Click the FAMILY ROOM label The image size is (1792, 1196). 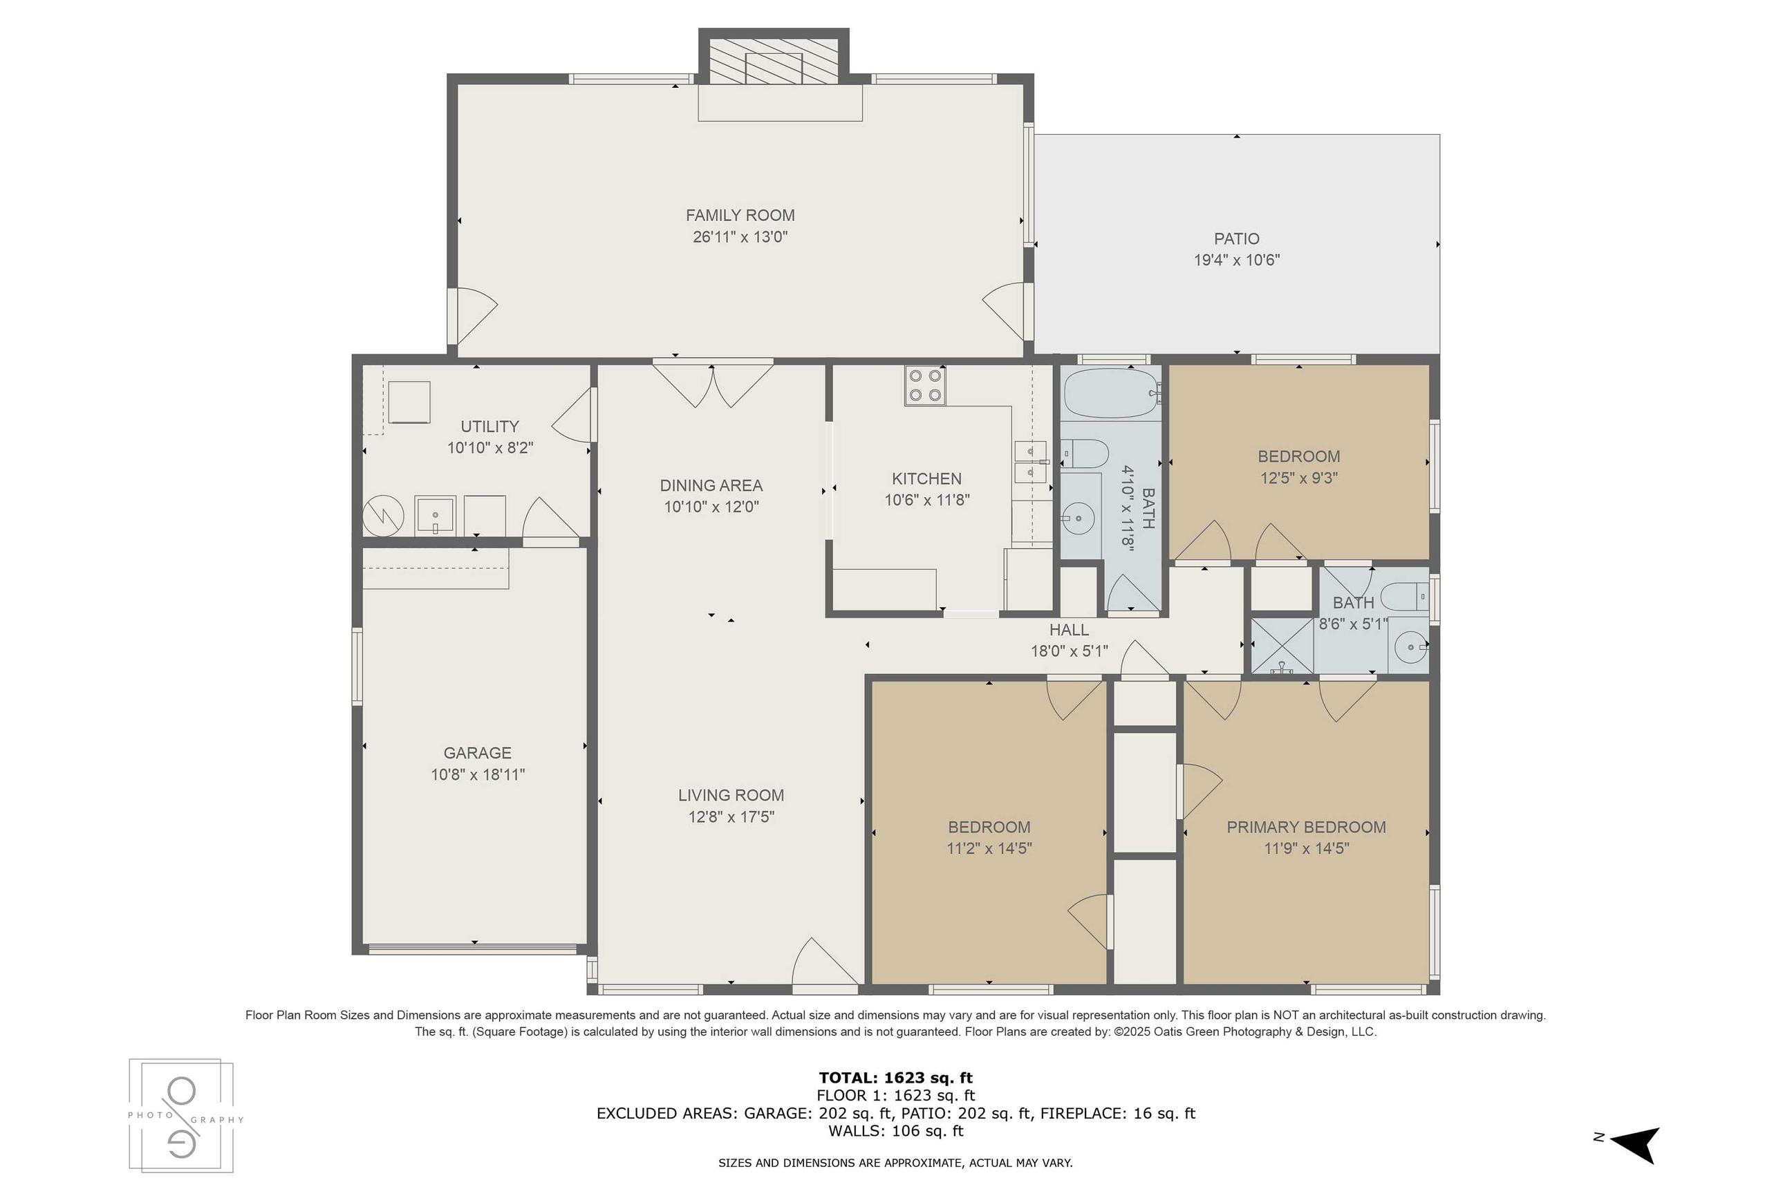(740, 215)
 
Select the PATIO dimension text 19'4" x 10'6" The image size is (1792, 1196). (1236, 260)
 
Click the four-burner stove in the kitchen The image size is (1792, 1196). (925, 385)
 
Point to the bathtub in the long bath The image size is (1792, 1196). (1110, 392)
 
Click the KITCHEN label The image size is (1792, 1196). (926, 479)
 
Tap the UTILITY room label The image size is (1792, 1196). (489, 427)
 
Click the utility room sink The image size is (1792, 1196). (435, 516)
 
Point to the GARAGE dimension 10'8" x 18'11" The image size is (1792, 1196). (477, 775)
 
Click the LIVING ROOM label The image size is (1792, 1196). (731, 796)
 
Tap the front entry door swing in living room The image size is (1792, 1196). (823, 964)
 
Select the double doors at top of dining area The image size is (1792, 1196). (713, 385)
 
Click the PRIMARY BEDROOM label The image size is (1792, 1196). (1305, 827)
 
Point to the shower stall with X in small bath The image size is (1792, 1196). (1282, 646)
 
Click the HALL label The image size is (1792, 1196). (1068, 630)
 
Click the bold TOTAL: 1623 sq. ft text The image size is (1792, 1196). (895, 1078)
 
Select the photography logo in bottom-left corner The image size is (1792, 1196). (182, 1115)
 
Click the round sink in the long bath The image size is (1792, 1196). (1079, 519)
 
